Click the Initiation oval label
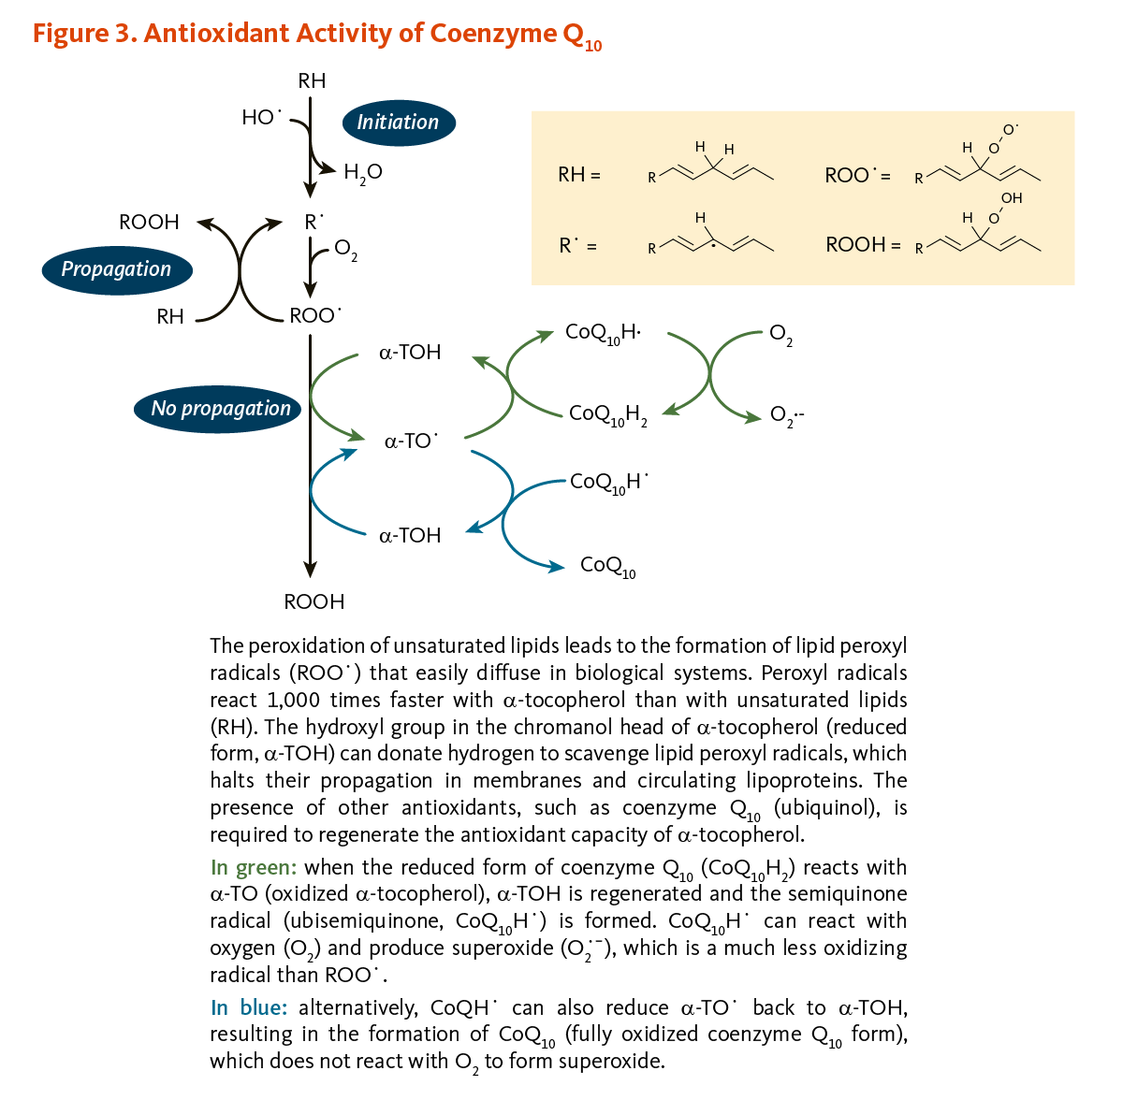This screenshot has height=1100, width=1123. [399, 123]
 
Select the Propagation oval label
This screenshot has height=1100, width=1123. [117, 269]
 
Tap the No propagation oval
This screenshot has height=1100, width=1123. [217, 409]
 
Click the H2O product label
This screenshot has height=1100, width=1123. [362, 173]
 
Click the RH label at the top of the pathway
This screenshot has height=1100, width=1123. [312, 80]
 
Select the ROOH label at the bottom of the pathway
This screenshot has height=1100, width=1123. [314, 601]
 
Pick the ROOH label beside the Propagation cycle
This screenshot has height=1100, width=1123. [149, 222]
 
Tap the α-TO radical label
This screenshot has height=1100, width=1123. [411, 441]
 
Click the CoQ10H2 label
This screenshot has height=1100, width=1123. [608, 414]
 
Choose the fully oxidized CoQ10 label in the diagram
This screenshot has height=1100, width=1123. [608, 566]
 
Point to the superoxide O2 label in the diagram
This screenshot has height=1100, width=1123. [787, 415]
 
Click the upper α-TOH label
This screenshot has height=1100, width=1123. [410, 352]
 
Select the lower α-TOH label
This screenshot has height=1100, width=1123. [410, 535]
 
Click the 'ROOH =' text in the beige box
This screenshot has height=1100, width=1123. [863, 245]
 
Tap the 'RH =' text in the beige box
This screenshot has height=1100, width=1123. [579, 174]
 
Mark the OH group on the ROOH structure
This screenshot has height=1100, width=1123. [1012, 198]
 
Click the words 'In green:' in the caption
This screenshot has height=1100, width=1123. [254, 867]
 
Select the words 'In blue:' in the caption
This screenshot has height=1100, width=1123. [249, 1007]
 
